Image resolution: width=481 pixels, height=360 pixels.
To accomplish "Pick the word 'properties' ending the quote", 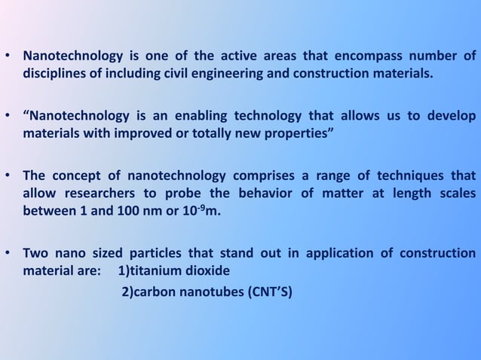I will tap(303, 134).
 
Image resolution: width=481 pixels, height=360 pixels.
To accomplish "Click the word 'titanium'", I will tap(158, 270).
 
